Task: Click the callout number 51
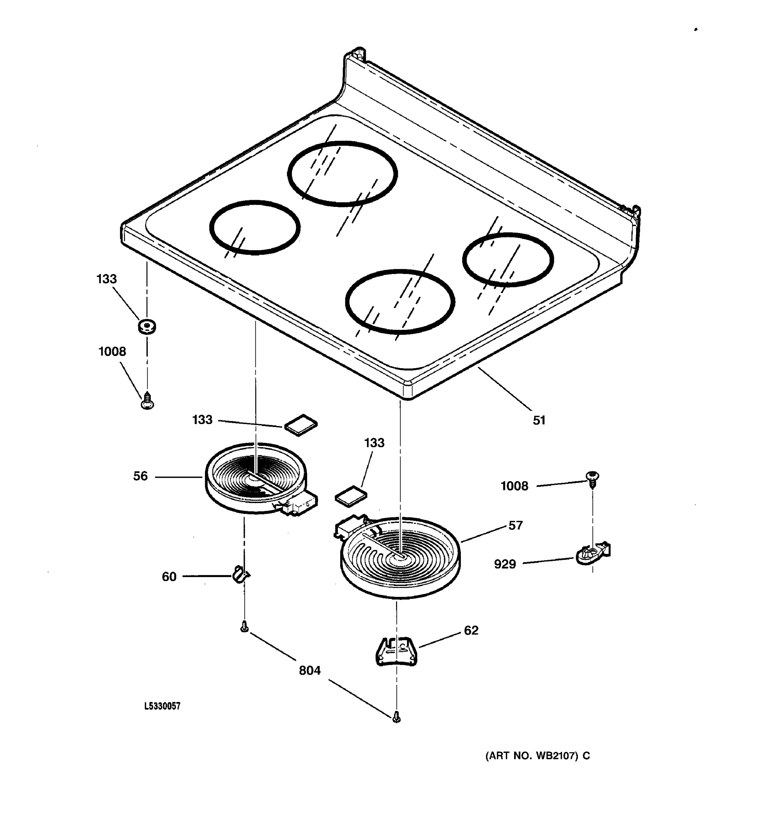(539, 420)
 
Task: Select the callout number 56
(140, 476)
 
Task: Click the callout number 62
(471, 630)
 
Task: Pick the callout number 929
(505, 564)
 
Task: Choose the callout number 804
(310, 670)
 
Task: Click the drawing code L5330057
(162, 706)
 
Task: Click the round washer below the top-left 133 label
(147, 326)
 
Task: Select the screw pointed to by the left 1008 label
(147, 401)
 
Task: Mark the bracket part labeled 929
(592, 554)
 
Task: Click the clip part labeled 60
(240, 574)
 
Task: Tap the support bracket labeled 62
(396, 651)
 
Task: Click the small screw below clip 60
(244, 627)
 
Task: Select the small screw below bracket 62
(396, 717)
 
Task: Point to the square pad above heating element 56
(301, 425)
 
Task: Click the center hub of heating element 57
(398, 556)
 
